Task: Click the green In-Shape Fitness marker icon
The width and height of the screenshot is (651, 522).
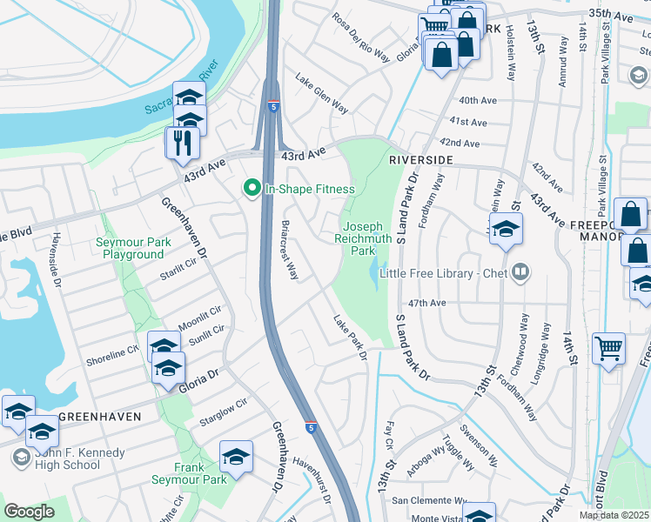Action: [x=253, y=188]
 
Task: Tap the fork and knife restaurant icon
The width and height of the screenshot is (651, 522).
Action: [x=182, y=143]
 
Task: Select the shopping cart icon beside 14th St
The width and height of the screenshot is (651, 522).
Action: [x=609, y=348]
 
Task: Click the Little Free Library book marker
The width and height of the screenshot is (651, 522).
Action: [x=520, y=273]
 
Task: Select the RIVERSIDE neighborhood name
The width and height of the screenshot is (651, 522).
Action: [x=421, y=161]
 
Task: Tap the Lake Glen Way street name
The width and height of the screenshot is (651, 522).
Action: [x=321, y=97]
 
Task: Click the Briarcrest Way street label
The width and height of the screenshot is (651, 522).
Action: [x=290, y=250]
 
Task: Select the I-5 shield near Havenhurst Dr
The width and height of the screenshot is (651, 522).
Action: [x=311, y=427]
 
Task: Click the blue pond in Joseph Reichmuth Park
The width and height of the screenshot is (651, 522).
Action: [x=376, y=273]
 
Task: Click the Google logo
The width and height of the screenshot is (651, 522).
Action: [x=29, y=512]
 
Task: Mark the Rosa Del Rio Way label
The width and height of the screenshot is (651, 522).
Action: [x=360, y=38]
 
